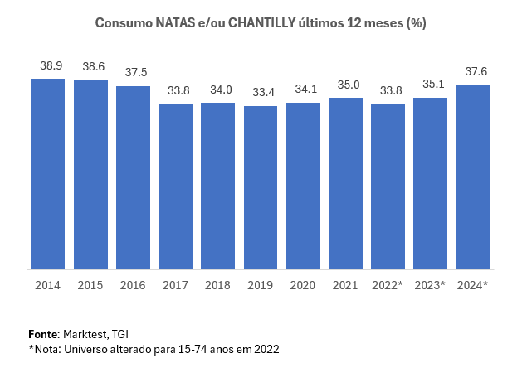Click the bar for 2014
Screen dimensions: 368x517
coord(47,174)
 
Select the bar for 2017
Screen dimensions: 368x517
coord(175,186)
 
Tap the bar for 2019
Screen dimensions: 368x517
coord(261,187)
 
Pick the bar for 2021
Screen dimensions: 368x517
coord(345,183)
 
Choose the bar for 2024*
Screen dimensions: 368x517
coord(473,177)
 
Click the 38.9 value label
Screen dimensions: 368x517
coord(47,65)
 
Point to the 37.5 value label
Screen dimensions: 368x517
coord(133,72)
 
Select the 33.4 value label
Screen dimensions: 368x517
coord(261,92)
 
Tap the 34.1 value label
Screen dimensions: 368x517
coord(303,89)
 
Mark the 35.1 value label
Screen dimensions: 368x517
coord(431,84)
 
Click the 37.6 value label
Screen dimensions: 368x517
coord(473,71)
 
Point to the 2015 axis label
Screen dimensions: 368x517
coord(90,286)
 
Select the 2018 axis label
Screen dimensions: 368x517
coord(217,286)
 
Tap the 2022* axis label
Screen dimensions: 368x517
coord(388,286)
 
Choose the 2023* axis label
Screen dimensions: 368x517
coord(431,286)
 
